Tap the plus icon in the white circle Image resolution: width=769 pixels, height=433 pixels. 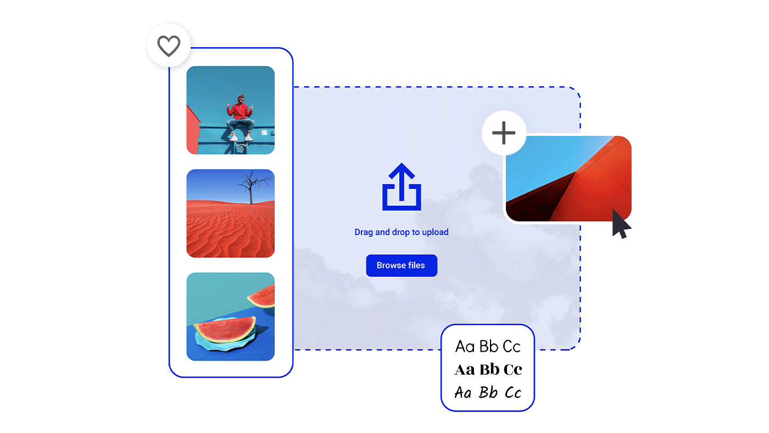pos(504,133)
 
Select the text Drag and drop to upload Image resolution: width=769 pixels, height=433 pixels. pos(402,232)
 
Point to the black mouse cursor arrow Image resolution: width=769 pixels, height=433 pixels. pos(620,224)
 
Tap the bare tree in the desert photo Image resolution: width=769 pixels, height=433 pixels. pos(253,187)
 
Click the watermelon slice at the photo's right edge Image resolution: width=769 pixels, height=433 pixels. pos(261,296)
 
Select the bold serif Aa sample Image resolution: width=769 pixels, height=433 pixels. pos(465,370)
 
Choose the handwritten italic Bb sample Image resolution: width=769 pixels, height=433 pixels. pos(488,392)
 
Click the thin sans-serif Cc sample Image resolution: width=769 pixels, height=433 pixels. pos(511,347)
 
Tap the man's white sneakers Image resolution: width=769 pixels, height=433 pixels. pos(241,138)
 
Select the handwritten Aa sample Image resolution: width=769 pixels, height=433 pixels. pos(462,392)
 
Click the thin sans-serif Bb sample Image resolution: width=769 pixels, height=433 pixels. pos(488,347)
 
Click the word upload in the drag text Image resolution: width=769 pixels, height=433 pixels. pos(435,232)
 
